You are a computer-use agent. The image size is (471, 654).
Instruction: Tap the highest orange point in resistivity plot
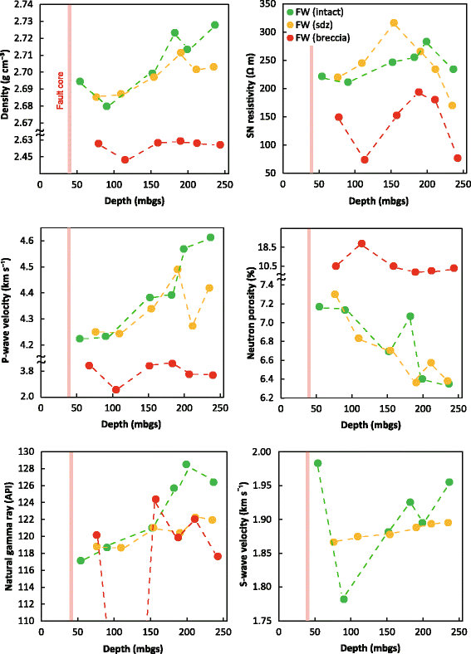(394, 23)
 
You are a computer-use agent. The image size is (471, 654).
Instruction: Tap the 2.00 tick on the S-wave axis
(267, 452)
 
